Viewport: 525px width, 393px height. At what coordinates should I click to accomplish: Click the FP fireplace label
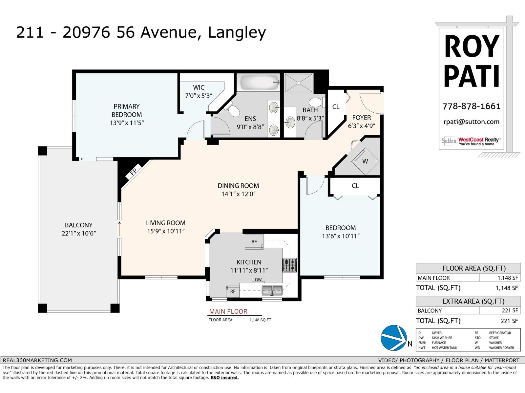133,171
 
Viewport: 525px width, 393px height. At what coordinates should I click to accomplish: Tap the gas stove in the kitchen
289,265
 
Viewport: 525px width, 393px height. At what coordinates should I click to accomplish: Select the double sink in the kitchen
272,290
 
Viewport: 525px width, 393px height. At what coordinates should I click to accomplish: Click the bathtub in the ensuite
260,82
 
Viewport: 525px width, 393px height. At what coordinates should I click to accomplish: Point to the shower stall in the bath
299,83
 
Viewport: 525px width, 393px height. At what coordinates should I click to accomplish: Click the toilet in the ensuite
232,109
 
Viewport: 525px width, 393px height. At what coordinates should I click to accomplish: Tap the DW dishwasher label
258,279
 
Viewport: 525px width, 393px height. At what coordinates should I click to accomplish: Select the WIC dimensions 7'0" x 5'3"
199,96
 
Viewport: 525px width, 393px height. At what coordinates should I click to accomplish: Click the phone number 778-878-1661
472,106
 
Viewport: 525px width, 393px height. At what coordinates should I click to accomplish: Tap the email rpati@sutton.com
472,122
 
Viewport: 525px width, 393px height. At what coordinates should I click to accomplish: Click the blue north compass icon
393,338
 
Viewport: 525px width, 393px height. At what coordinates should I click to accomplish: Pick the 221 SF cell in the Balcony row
510,310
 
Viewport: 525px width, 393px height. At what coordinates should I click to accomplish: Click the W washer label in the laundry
365,161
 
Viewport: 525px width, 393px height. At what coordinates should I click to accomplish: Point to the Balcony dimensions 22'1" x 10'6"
79,234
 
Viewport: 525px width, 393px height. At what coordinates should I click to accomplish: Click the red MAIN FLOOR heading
228,311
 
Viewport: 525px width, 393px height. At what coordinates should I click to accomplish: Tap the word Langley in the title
237,32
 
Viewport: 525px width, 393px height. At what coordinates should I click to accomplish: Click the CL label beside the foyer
336,107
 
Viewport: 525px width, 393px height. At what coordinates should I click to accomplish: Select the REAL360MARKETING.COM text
37,360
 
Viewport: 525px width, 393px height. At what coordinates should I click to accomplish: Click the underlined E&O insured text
224,378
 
